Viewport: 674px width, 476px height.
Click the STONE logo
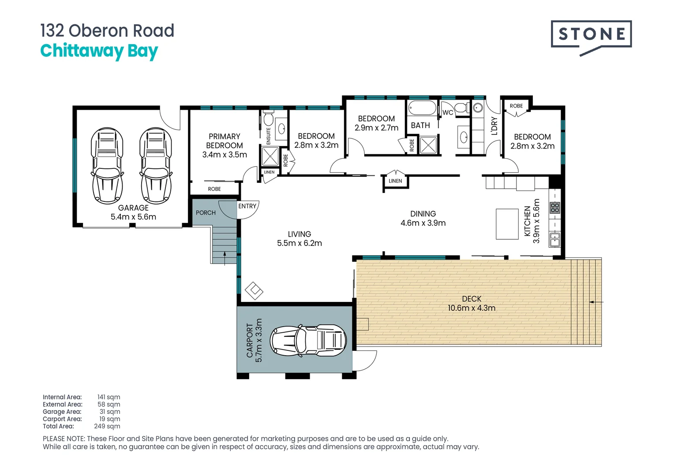(x=591, y=34)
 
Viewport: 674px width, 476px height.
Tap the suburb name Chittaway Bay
(x=99, y=51)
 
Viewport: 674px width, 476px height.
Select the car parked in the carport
(x=308, y=340)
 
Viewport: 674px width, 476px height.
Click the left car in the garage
(x=107, y=166)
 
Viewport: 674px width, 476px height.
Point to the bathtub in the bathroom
(x=422, y=108)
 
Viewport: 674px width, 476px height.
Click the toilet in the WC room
(x=462, y=108)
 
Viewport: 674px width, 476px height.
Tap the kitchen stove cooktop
(x=555, y=208)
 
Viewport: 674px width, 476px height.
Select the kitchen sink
(x=554, y=240)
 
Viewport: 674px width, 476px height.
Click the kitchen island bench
(x=507, y=224)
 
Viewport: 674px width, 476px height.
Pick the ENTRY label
(x=247, y=206)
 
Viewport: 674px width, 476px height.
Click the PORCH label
(x=206, y=213)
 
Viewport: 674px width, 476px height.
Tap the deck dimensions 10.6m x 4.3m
(x=472, y=308)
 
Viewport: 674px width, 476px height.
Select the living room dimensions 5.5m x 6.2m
(x=299, y=243)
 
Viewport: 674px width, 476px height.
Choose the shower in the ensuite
(x=270, y=156)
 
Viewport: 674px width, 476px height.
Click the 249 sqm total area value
(x=107, y=426)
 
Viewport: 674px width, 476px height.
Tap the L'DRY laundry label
(x=494, y=126)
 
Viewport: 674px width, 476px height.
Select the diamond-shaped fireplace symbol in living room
(x=254, y=290)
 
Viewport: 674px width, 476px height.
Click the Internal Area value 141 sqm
(x=109, y=397)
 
